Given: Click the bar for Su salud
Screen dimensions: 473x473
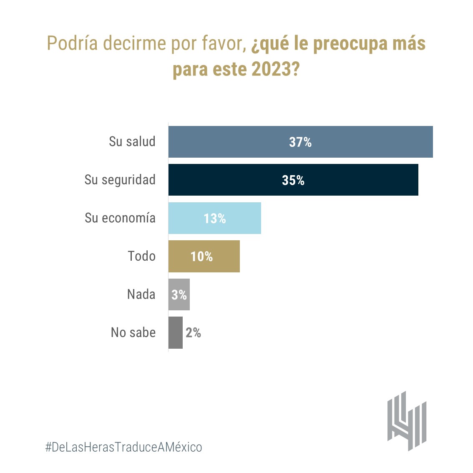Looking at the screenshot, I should tap(367, 142).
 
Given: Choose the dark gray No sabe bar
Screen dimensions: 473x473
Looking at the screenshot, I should tap(175, 332).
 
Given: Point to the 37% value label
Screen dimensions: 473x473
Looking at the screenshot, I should tap(300, 142).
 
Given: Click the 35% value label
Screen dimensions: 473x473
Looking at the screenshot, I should tap(293, 180).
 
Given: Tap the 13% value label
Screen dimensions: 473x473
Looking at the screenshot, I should tap(215, 219).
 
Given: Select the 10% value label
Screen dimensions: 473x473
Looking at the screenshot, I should tap(201, 257).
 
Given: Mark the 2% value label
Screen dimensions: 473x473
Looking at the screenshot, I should tap(193, 333).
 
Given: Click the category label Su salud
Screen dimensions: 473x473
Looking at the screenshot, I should tap(132, 142).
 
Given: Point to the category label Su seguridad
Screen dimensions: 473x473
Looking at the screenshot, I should tap(120, 180).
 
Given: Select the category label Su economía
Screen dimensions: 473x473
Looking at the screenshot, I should tap(120, 218).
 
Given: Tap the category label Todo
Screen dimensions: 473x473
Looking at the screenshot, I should tap(141, 256).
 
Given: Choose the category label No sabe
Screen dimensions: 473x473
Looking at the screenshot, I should tap(133, 332).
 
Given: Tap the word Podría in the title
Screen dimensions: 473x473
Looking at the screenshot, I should tap(72, 43).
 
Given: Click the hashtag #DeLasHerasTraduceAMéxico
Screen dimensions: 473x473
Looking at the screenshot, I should tap(123, 447).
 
